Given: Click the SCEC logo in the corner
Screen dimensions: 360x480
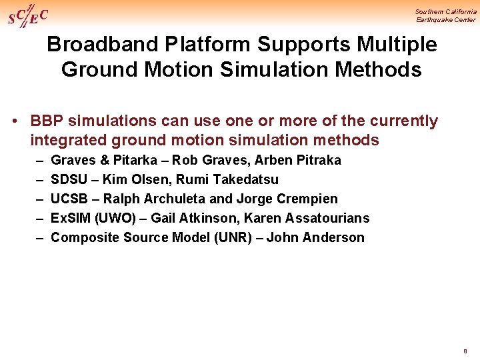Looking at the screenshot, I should [x=27, y=15].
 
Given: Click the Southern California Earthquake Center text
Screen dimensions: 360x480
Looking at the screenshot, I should [x=445, y=15].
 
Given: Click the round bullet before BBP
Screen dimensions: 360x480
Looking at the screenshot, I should [x=14, y=121].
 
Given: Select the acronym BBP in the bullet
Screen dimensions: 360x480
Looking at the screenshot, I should [x=46, y=121].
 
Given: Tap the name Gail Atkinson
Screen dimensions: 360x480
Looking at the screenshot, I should [x=194, y=218].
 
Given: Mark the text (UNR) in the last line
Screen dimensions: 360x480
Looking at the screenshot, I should [x=232, y=237].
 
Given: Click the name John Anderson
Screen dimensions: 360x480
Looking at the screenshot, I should [x=315, y=237].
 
